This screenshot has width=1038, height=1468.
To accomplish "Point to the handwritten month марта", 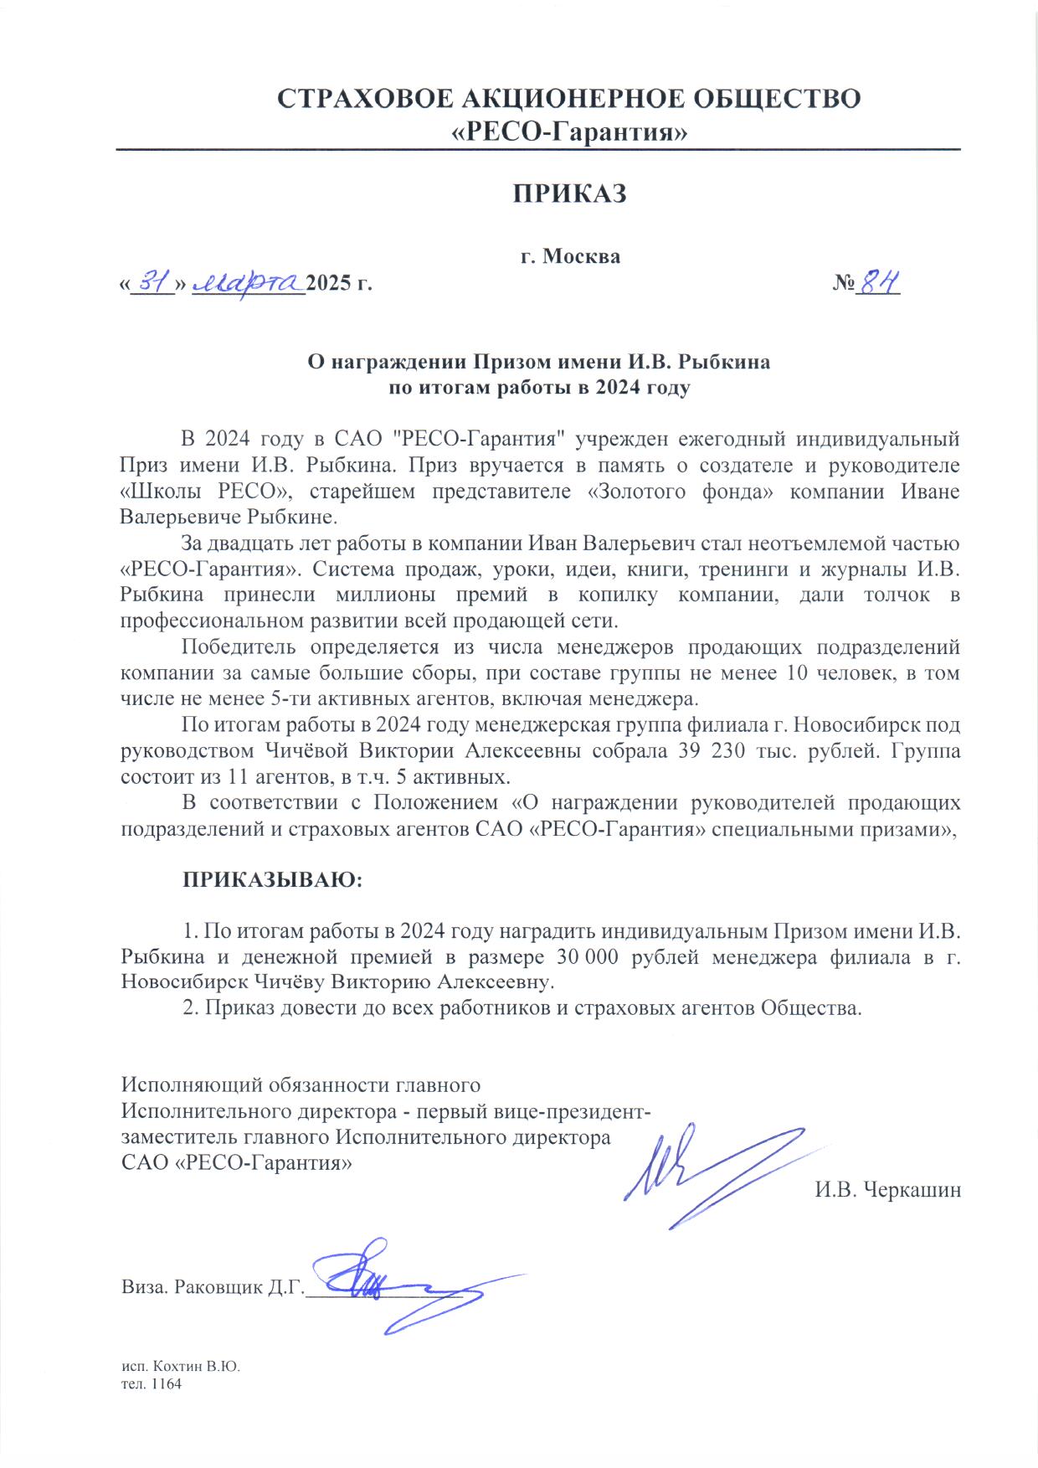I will point(249,284).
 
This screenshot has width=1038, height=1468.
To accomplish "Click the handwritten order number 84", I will point(878,284).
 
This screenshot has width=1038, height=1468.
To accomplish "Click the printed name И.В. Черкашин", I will point(887,1190).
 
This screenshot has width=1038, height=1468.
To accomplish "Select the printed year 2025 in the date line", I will point(329,284).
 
